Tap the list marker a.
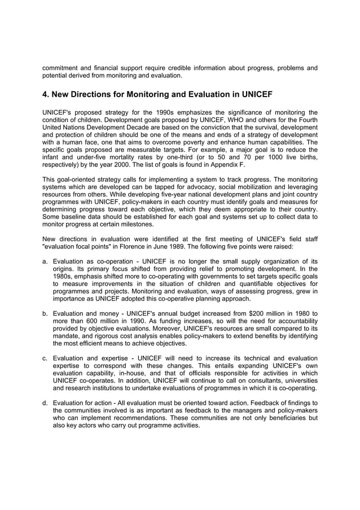tap(45, 261)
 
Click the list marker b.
tap(45, 312)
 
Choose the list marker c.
tap(45, 358)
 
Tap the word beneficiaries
tap(284, 417)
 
